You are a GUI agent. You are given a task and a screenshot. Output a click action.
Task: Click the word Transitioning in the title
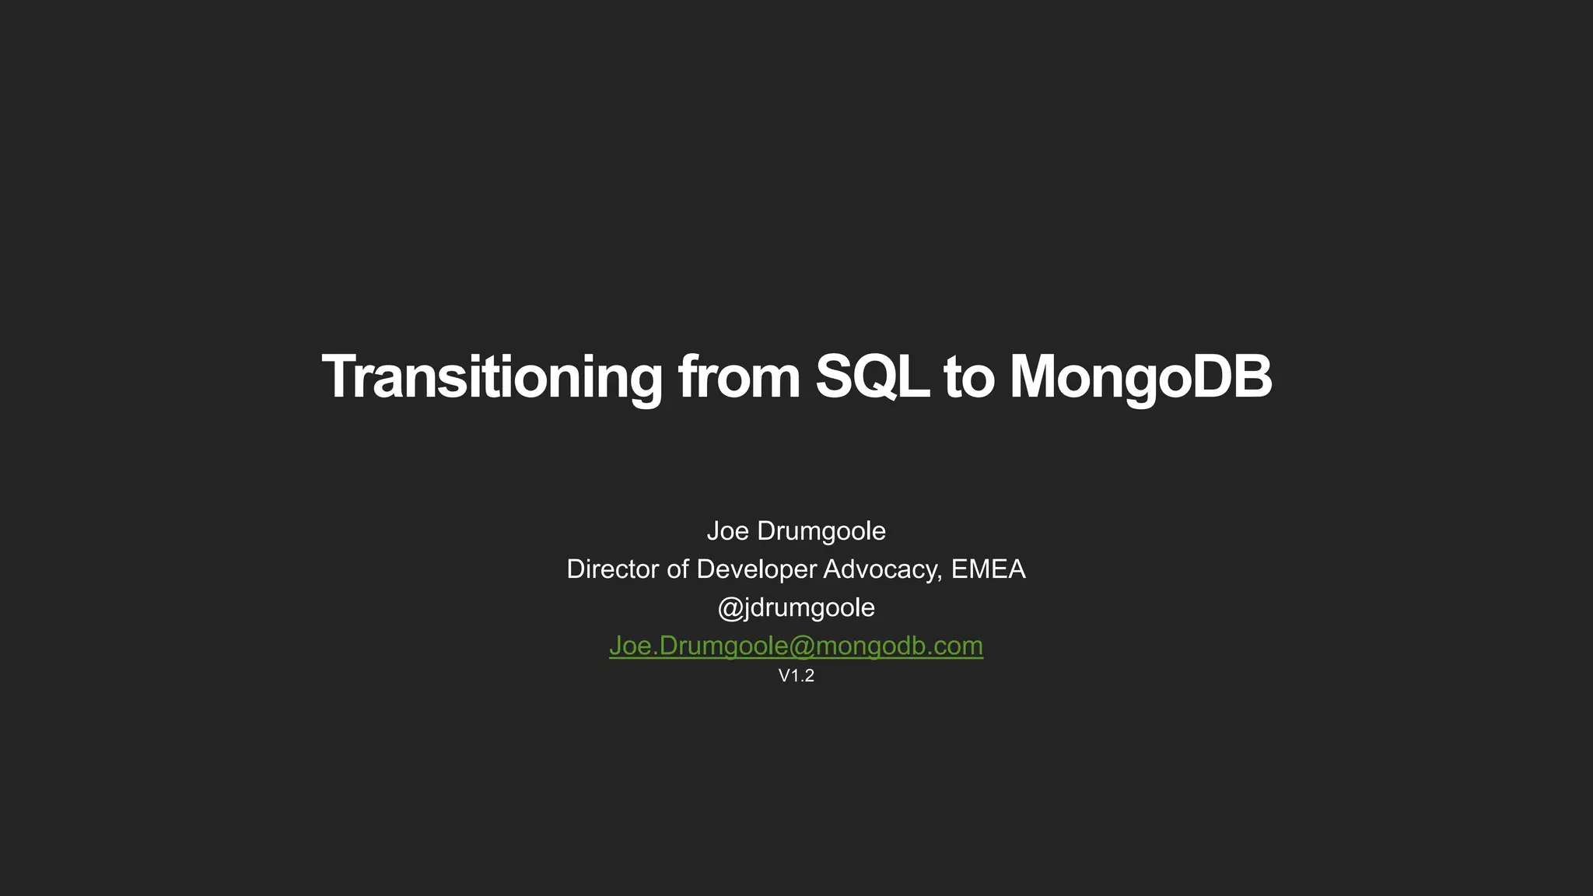point(492,377)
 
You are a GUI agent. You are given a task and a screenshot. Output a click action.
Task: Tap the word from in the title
point(739,377)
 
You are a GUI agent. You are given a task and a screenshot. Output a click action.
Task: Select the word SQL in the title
point(872,377)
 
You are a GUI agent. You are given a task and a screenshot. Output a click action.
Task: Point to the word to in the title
point(969,377)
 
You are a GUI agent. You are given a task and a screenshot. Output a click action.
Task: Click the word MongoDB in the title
point(1140,377)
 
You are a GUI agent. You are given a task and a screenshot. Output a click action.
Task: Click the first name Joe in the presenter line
point(727,531)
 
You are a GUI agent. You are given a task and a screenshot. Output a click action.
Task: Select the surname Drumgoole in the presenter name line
point(821,531)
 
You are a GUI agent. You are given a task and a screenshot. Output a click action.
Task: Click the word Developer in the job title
point(756,569)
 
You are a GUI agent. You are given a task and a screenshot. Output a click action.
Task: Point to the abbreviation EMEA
point(988,569)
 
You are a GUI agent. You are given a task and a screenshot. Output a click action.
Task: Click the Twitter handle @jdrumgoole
point(796,607)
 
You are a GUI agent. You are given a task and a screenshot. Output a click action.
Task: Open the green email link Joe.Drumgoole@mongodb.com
point(796,646)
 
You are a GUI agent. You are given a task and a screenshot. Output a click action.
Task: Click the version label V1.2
point(796,676)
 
